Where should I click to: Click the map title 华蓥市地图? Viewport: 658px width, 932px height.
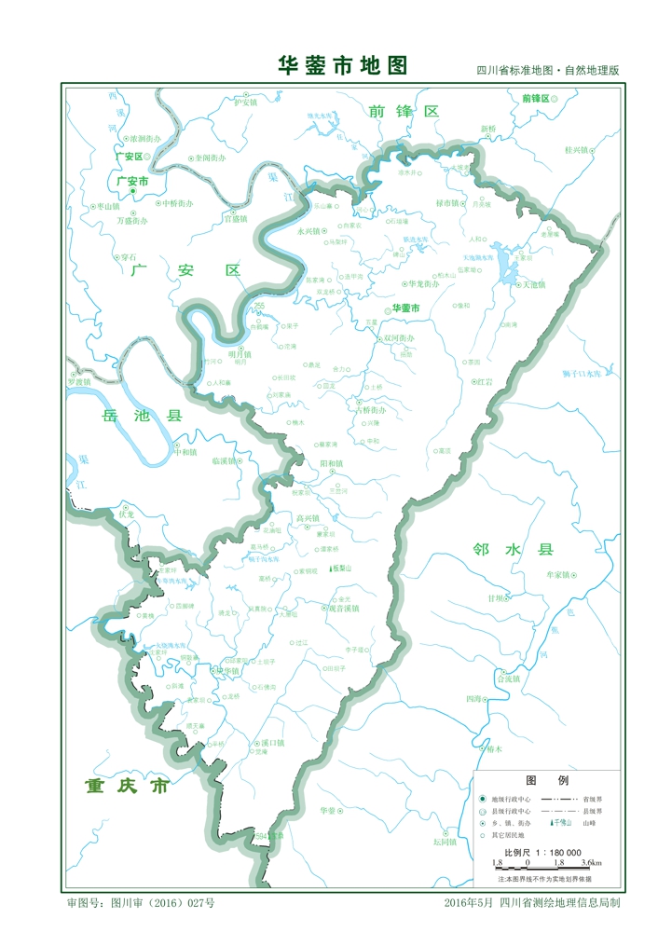pos(343,65)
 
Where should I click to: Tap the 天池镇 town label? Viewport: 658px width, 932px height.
pos(533,285)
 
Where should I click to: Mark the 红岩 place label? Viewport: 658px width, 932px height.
pos(483,382)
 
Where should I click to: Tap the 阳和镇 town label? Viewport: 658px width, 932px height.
pos(331,463)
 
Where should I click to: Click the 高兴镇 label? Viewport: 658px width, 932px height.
pos(307,519)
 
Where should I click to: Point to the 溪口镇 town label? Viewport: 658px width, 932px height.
pos(272,743)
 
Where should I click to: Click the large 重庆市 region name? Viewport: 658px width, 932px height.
pos(126,786)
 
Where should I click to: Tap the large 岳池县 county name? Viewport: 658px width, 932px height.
pos(144,418)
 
